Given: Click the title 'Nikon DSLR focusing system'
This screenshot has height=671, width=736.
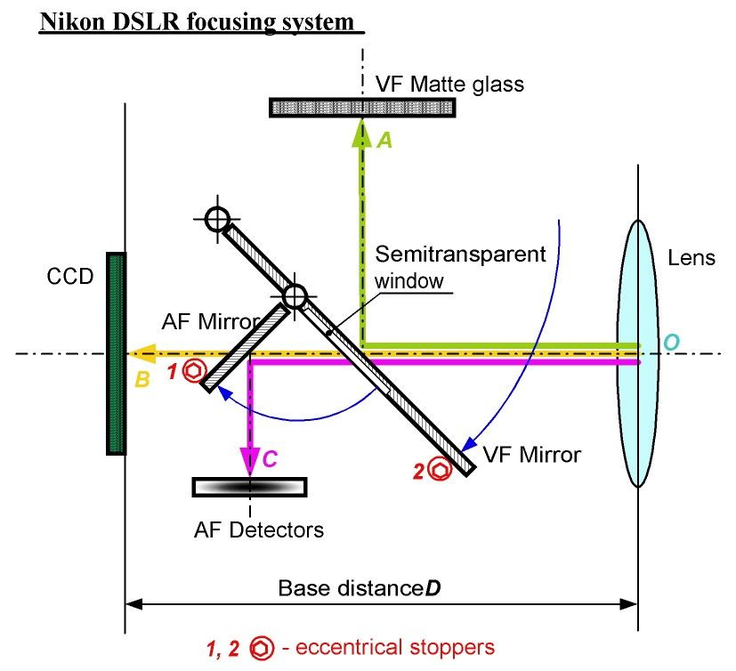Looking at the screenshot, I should [x=201, y=21].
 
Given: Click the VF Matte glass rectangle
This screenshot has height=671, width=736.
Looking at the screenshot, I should [x=363, y=108].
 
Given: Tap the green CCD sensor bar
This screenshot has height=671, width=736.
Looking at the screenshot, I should [x=116, y=353].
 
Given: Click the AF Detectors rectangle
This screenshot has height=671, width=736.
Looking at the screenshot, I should [x=250, y=487].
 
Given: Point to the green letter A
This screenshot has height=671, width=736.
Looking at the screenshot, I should [x=384, y=140].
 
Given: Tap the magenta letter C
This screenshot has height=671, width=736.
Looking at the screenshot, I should [x=273, y=460].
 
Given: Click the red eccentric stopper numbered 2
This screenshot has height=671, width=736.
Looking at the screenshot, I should [x=438, y=470].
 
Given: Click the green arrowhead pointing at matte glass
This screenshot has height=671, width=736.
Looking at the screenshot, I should [x=361, y=132].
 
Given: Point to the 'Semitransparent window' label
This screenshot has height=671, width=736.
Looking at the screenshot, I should [x=460, y=266].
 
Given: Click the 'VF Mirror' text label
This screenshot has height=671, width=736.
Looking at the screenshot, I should [x=531, y=456].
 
